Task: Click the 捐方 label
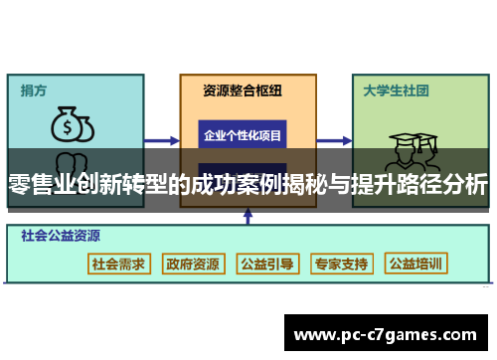pyautogui.click(x=34, y=90)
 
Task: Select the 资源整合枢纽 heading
pyautogui.click(x=243, y=90)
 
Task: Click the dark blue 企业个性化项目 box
pyautogui.click(x=243, y=134)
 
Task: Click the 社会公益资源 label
pyautogui.click(x=61, y=237)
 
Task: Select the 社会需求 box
pyautogui.click(x=118, y=264)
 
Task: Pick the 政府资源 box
pyautogui.click(x=193, y=264)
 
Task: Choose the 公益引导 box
pyautogui.click(x=267, y=264)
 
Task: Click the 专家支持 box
pyautogui.click(x=341, y=264)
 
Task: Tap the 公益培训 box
pyautogui.click(x=416, y=264)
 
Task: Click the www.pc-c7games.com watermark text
pyautogui.click(x=388, y=334)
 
